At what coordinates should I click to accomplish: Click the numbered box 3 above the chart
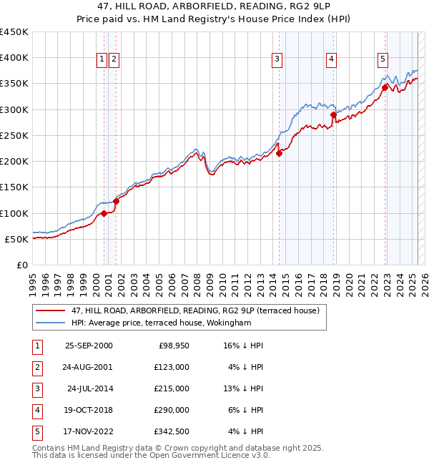pyautogui.click(x=277, y=59)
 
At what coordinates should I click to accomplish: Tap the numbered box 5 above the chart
pyautogui.click(x=383, y=59)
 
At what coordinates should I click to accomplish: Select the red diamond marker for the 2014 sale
pyautogui.click(x=279, y=153)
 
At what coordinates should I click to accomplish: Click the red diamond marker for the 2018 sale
pyautogui.click(x=333, y=114)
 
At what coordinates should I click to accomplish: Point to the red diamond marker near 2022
pyautogui.click(x=385, y=87)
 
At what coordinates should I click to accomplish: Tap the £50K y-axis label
pyautogui.click(x=16, y=239)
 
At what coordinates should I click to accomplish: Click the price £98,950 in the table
pyautogui.click(x=173, y=346)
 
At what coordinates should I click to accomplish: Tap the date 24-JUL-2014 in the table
pyautogui.click(x=89, y=388)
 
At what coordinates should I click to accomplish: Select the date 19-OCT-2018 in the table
pyautogui.click(x=89, y=410)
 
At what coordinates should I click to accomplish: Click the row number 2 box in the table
pyautogui.click(x=36, y=367)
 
